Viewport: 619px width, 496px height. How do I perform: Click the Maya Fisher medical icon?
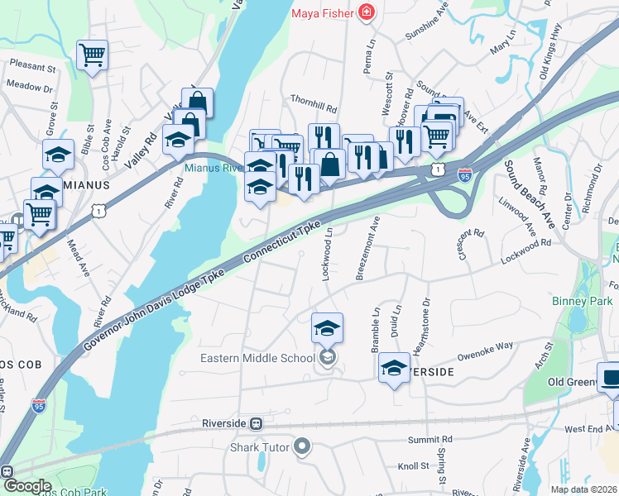point(365,13)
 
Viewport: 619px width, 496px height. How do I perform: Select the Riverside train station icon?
point(257,423)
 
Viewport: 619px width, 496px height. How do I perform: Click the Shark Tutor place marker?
point(302,447)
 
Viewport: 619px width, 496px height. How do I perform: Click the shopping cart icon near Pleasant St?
point(92,56)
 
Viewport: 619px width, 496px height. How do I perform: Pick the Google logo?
point(26,486)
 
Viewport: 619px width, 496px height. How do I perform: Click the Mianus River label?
point(211,166)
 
